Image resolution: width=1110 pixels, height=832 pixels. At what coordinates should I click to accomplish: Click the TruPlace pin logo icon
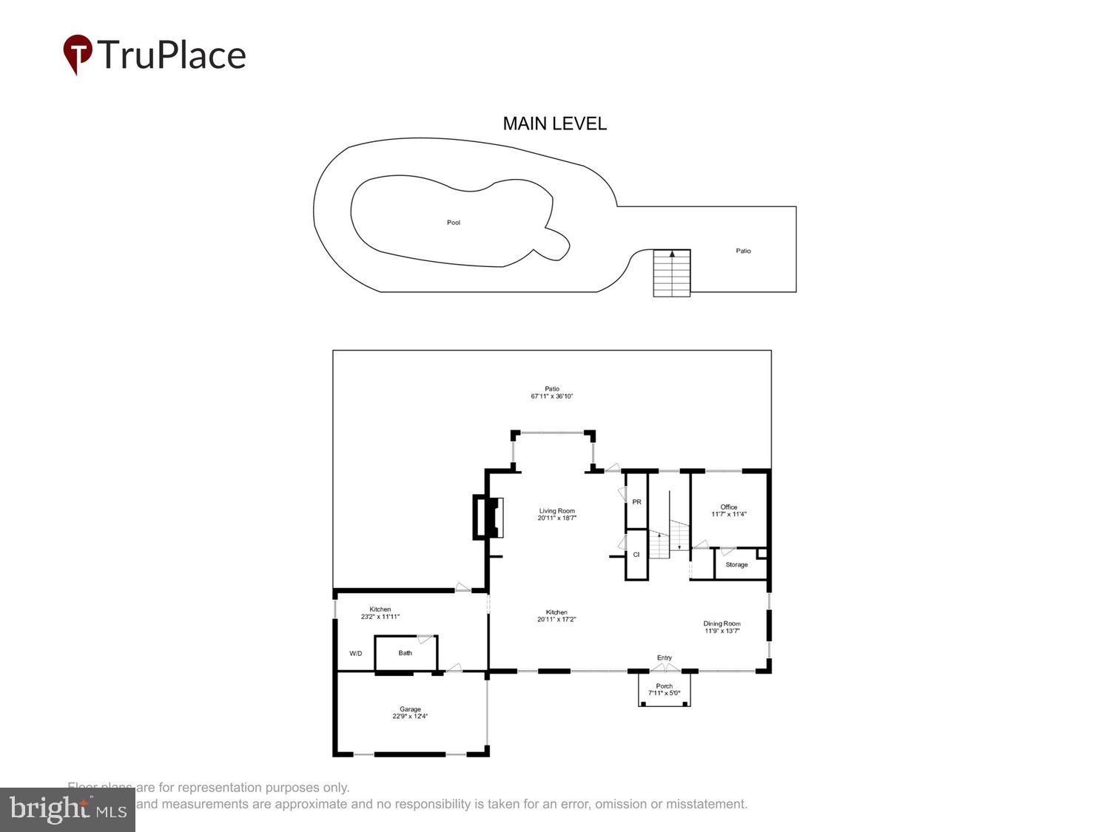(x=77, y=54)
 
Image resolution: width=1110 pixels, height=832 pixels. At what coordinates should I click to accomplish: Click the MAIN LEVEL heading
(x=554, y=124)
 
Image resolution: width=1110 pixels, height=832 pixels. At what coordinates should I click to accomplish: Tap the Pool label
(x=454, y=223)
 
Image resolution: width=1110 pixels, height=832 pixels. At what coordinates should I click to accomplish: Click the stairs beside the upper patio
(x=671, y=273)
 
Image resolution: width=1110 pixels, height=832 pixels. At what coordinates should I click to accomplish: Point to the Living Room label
(x=556, y=511)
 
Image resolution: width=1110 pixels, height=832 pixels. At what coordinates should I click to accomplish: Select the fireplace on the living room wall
(x=488, y=517)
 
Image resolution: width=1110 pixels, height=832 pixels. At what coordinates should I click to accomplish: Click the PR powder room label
(x=636, y=502)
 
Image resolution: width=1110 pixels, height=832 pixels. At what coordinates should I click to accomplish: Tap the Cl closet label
(x=636, y=555)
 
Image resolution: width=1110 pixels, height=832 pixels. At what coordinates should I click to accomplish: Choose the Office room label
(x=729, y=507)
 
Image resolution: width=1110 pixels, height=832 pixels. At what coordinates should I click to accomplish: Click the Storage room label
(x=736, y=565)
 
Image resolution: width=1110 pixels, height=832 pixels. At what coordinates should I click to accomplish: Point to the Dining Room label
(x=721, y=624)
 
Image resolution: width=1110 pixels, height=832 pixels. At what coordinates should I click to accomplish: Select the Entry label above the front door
(x=665, y=657)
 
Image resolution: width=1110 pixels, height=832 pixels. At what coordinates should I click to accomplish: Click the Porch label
(x=665, y=686)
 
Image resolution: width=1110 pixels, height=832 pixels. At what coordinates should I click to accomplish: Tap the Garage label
(x=410, y=709)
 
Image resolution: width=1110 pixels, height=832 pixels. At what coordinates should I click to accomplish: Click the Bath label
(x=406, y=653)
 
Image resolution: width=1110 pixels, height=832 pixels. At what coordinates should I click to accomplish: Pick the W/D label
(x=356, y=654)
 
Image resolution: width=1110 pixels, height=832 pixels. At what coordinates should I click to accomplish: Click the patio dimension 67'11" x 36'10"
(x=552, y=396)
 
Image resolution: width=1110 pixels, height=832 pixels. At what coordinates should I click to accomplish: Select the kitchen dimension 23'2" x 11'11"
(x=380, y=617)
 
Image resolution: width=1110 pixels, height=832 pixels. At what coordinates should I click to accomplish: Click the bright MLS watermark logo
(x=67, y=810)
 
